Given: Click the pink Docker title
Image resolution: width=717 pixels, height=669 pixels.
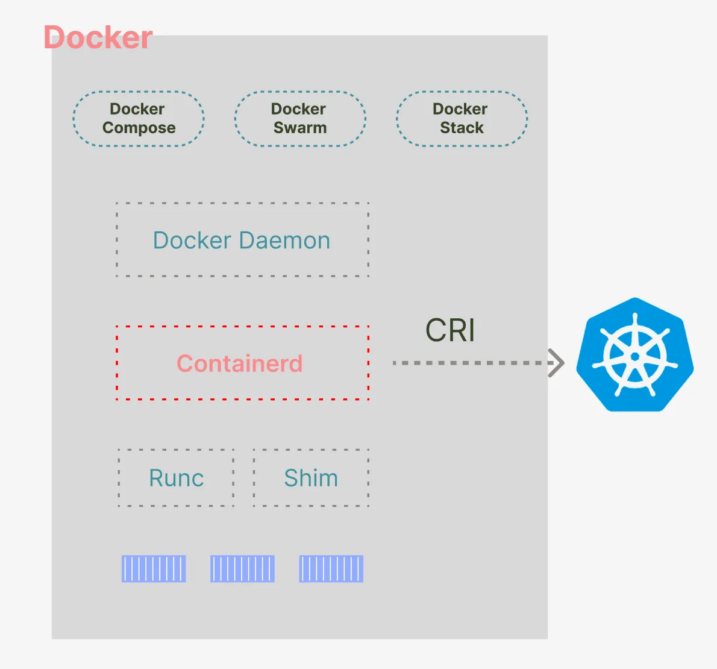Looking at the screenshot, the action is tap(98, 37).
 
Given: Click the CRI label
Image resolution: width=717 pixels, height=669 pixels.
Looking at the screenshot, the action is tap(451, 330).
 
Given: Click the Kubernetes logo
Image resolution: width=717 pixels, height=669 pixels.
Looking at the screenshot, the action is tap(634, 355).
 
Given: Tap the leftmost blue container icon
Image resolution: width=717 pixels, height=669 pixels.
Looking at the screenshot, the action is tap(154, 569).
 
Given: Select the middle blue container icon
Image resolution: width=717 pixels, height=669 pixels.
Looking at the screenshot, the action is tap(242, 569).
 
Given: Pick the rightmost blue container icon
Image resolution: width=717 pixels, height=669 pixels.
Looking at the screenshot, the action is tap(331, 569).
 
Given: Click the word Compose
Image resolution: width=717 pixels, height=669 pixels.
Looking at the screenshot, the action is tap(139, 128).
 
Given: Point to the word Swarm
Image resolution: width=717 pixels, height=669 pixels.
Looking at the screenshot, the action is tap(300, 128).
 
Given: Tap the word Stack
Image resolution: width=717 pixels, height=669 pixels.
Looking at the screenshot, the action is tap(462, 128).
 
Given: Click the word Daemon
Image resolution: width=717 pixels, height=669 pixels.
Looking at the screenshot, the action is tap(284, 240).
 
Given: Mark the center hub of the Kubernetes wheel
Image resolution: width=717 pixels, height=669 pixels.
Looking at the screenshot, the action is tap(634, 357).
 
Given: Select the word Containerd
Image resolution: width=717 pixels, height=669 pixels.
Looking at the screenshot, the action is tap(240, 363).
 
